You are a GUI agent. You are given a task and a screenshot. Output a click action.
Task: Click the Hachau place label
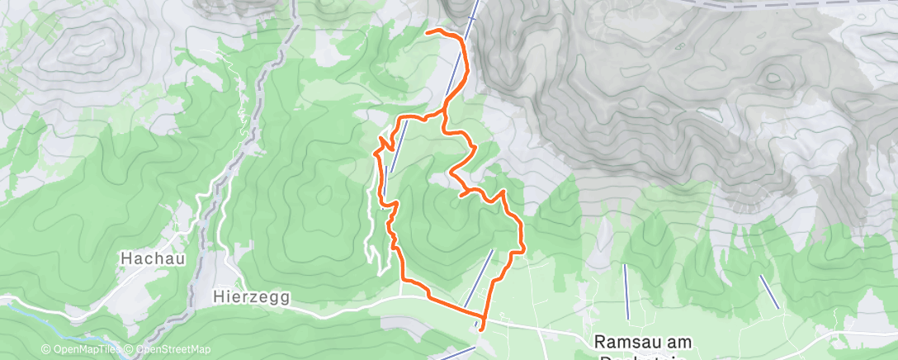(x=153, y=258)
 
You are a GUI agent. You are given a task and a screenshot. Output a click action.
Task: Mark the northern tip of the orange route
(x=427, y=31)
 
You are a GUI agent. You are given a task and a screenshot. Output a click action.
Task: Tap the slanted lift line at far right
(x=768, y=291)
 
